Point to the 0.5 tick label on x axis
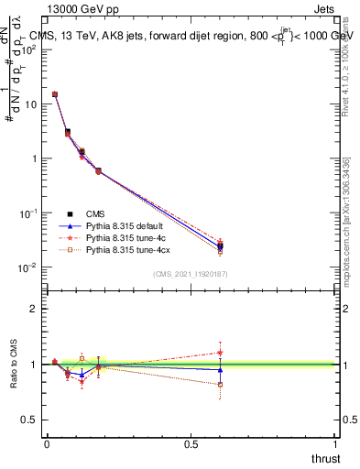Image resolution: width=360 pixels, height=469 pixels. pos(191,444)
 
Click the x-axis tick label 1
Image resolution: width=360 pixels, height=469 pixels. pos(335,444)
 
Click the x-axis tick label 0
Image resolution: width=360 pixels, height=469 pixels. pos(47,444)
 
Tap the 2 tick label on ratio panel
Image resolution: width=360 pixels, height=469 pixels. pos(34,309)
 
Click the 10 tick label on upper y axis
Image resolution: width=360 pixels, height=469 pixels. pos(30,104)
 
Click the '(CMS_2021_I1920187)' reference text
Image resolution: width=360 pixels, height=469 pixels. pos(191,275)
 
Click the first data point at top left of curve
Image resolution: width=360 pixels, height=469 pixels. pos(55,94)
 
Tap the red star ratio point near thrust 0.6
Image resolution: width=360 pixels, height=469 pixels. pos(220,353)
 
